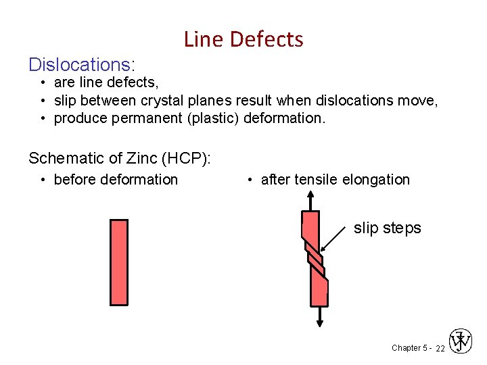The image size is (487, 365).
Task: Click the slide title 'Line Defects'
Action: point(243,39)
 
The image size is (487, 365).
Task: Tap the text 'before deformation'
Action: point(116,179)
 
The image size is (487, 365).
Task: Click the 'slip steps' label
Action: point(387,228)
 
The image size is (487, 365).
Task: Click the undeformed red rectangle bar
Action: point(118,262)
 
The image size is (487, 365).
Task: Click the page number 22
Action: point(440,348)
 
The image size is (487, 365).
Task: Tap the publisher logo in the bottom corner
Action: point(461,341)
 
